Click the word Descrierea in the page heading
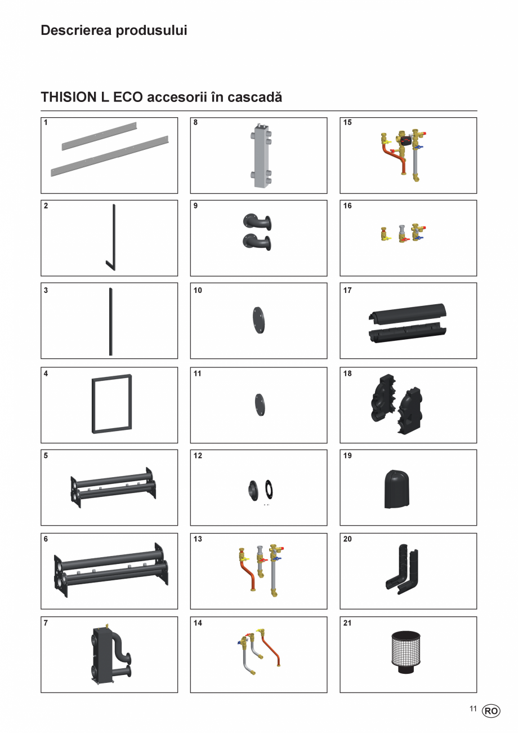tap(77, 30)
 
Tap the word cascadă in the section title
tap(254, 97)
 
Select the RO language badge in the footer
tap(491, 711)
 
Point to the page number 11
tap(473, 708)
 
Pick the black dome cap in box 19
tap(397, 490)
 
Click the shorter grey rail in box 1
tap(99, 136)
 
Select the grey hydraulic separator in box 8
tap(261, 156)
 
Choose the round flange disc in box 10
tap(258, 320)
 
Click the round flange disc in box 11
tap(260, 405)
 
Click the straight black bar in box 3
tap(110, 321)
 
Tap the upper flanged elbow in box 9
tap(257, 222)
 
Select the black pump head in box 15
tap(406, 141)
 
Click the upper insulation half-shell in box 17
tap(408, 312)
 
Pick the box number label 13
tap(198, 539)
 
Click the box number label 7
tap(46, 623)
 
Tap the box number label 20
tap(347, 539)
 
